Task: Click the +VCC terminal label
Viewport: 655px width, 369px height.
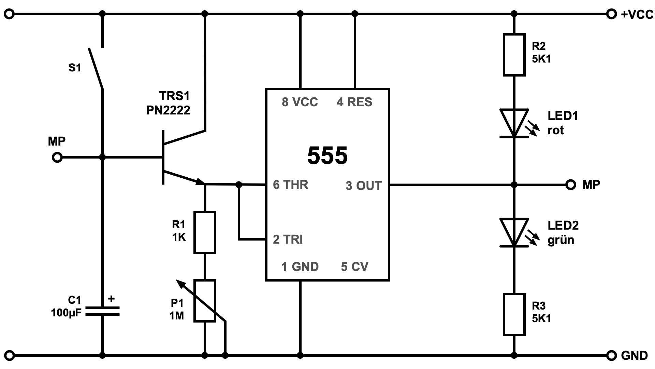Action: click(x=637, y=14)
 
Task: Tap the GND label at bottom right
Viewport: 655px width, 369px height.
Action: click(x=634, y=356)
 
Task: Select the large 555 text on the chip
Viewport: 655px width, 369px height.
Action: click(x=327, y=156)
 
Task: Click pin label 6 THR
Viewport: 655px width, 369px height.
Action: click(x=290, y=185)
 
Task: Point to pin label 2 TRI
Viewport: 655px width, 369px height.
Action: click(x=288, y=240)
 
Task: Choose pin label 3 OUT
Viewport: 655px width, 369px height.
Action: click(x=363, y=186)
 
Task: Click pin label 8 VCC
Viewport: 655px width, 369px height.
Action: click(x=300, y=102)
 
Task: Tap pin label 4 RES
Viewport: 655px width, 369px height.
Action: click(x=354, y=102)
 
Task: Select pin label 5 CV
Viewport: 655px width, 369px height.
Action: click(x=354, y=267)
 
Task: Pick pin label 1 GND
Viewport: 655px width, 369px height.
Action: click(x=300, y=267)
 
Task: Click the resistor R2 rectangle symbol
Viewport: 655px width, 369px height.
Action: click(x=514, y=55)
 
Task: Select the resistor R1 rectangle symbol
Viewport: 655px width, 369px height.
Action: click(x=205, y=232)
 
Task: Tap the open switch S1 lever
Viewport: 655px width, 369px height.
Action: click(x=96, y=68)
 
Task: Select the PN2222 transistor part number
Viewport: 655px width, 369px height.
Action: click(x=168, y=110)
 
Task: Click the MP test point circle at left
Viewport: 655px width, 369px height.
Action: click(x=57, y=158)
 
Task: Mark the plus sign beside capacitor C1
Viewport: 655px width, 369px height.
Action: click(x=111, y=299)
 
